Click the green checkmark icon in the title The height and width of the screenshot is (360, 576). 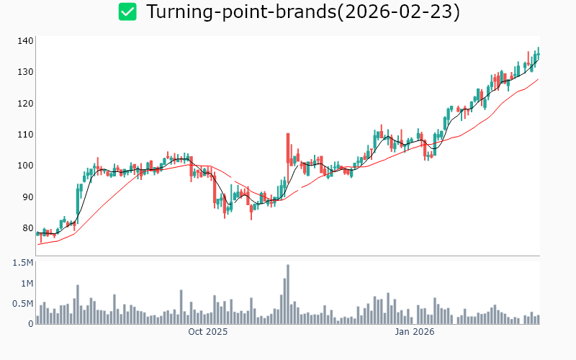(x=127, y=12)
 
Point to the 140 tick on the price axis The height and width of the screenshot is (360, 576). (x=26, y=41)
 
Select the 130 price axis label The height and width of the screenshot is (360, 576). (x=26, y=72)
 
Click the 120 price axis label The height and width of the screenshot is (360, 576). (x=26, y=104)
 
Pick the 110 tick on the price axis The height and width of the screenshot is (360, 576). (x=26, y=135)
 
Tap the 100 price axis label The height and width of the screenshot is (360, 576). (x=26, y=166)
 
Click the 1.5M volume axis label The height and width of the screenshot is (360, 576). (x=23, y=263)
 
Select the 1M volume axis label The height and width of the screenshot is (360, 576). (x=26, y=284)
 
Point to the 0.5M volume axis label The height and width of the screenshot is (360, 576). (x=23, y=304)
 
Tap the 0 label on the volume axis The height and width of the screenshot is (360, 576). (x=30, y=324)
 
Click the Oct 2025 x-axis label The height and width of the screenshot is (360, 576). (x=207, y=333)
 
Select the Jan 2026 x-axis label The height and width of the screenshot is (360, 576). (x=415, y=333)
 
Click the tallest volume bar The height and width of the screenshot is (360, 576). (x=287, y=294)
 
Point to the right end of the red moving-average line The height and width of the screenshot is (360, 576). (x=538, y=79)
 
